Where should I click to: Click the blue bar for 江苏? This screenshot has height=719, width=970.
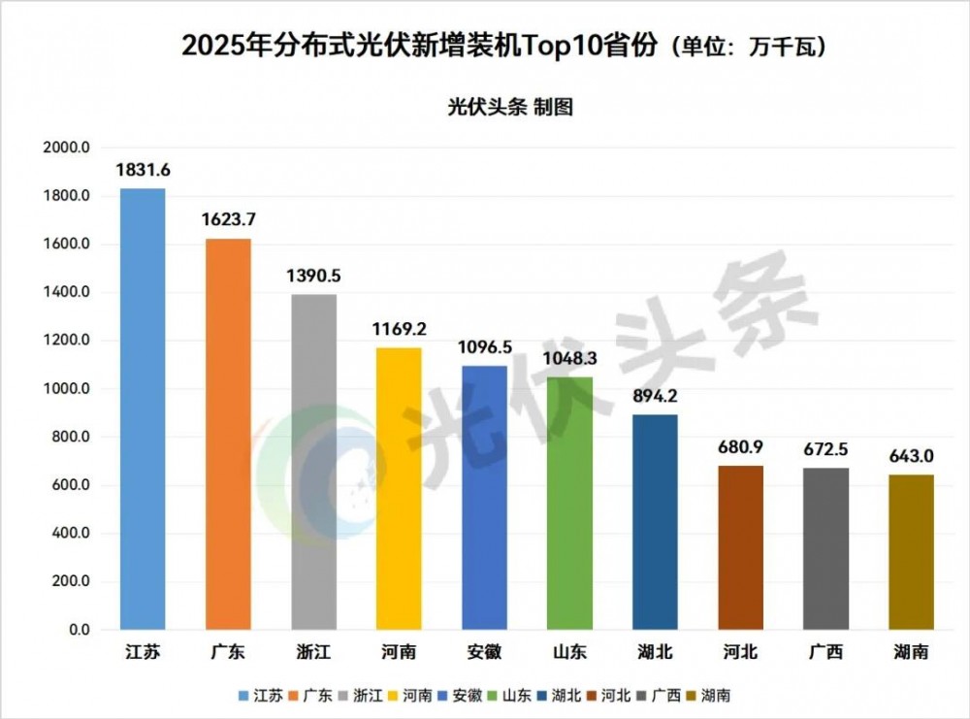coord(143,409)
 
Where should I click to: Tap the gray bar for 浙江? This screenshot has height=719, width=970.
coord(313,462)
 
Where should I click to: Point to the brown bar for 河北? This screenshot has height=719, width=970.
coord(741,547)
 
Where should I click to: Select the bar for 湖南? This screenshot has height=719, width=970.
coord(912,552)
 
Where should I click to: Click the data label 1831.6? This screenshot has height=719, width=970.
coord(143,170)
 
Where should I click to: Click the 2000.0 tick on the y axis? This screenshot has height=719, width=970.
coord(67,148)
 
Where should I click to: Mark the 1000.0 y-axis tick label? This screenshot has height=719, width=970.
coord(67,389)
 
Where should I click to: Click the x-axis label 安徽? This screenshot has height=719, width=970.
coord(484,652)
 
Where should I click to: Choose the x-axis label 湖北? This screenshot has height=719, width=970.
coord(656,652)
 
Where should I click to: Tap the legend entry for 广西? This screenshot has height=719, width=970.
coord(664,696)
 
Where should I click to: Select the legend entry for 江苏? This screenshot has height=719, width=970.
coord(262,696)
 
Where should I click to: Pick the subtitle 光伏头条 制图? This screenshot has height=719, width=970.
coord(510,107)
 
